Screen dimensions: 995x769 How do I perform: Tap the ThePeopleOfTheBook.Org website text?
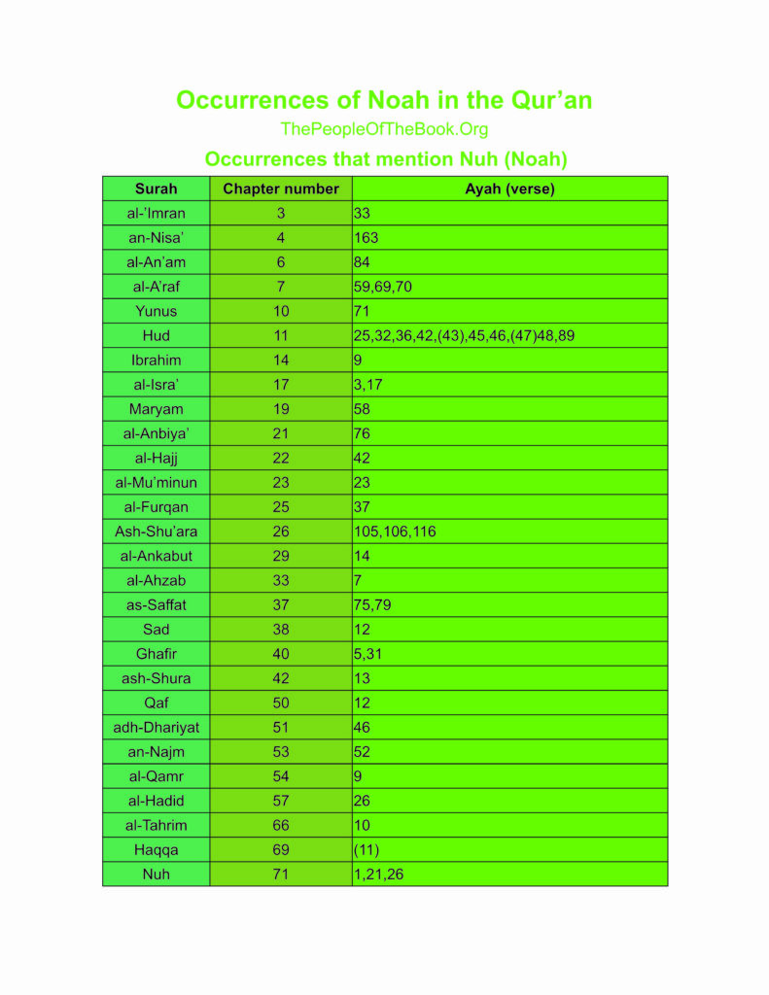point(384,129)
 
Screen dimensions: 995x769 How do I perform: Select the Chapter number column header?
point(281,189)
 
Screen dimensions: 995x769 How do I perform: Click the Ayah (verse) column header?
point(509,189)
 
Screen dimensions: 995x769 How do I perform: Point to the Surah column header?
point(156,189)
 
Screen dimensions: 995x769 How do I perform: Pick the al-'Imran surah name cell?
point(156,213)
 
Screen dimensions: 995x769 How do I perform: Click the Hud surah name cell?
point(156,335)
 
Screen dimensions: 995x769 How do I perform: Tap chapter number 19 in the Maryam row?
point(281,409)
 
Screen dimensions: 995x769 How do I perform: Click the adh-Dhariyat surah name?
point(156,727)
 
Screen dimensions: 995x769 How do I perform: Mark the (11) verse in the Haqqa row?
point(366,849)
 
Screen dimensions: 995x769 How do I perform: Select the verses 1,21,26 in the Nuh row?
point(378,875)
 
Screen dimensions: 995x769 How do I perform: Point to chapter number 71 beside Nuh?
point(281,875)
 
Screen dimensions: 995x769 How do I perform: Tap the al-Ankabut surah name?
point(156,556)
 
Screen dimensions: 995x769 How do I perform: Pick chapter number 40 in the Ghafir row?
point(281,654)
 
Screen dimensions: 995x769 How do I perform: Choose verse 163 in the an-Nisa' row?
point(367,237)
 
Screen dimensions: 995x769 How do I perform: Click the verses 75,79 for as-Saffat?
point(370,604)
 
